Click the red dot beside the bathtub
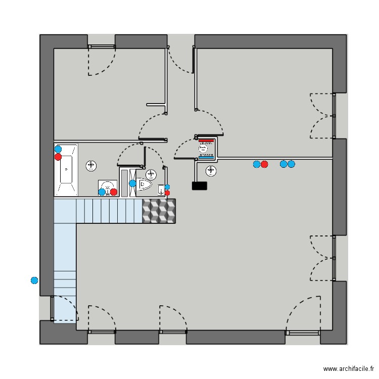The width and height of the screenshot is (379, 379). tap(58, 157)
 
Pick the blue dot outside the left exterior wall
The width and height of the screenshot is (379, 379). tap(34, 280)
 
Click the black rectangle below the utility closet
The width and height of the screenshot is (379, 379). tap(200, 185)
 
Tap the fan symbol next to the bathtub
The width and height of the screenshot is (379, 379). tap(91, 165)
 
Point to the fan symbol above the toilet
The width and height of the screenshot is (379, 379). tap(151, 174)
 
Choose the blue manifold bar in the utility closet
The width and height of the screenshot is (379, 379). tap(206, 157)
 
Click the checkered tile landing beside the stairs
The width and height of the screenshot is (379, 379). tap(159, 211)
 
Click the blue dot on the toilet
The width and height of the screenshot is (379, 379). tap(133, 183)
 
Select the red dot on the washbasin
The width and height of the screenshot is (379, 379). tap(114, 192)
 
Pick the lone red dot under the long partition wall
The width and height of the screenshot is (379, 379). tap(264, 164)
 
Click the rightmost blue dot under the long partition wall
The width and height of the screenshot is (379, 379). tap(291, 164)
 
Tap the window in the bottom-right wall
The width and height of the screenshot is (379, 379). tap(302, 333)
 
